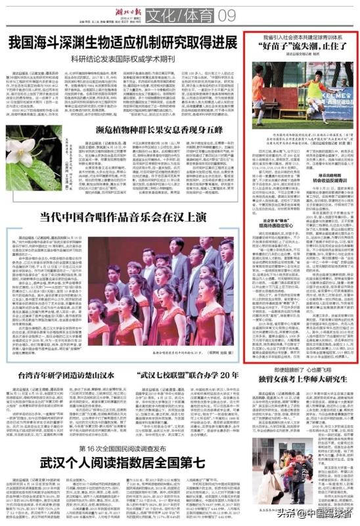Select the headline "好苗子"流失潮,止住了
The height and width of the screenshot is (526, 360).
pos(301,48)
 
